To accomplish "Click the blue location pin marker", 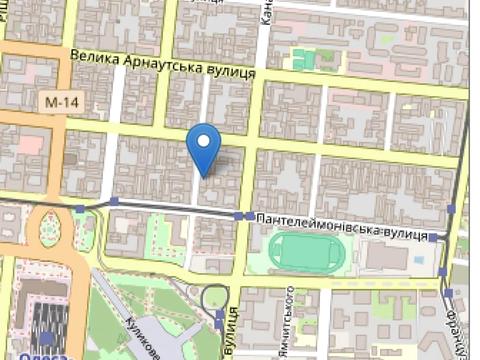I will point(204,147).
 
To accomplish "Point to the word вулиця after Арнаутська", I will point(234,73).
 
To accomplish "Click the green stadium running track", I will point(308,252).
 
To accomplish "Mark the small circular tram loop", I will point(215,297).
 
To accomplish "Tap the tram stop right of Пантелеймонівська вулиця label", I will point(433,238).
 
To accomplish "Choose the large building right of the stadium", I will point(384,256).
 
